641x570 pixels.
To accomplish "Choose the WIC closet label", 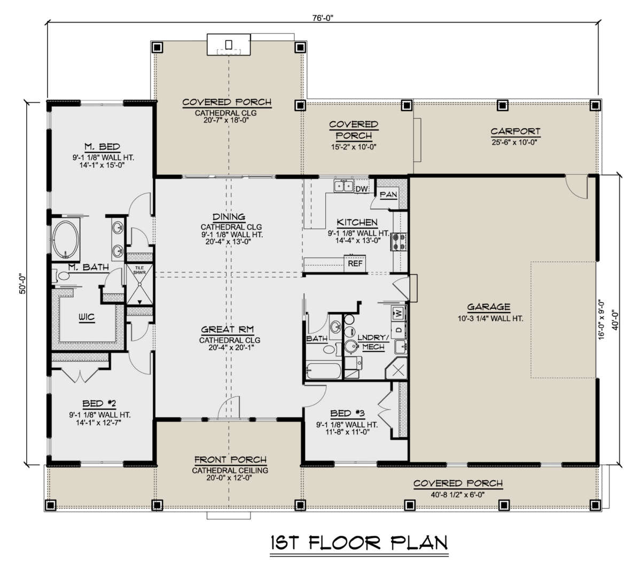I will tap(87, 317).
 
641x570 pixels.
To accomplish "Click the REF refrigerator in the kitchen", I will tap(355, 263).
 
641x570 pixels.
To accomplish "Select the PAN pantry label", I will tap(388, 194).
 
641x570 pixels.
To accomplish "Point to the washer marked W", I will tap(398, 312).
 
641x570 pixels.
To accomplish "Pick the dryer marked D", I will tap(398, 330).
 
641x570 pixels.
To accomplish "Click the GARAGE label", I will tap(488, 307).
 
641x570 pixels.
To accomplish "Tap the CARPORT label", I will tap(515, 131).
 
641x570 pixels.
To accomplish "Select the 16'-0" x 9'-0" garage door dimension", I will tap(603, 319).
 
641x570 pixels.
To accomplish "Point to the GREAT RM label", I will tap(230, 330).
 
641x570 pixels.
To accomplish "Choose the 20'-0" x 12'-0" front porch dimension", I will tap(230, 479).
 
